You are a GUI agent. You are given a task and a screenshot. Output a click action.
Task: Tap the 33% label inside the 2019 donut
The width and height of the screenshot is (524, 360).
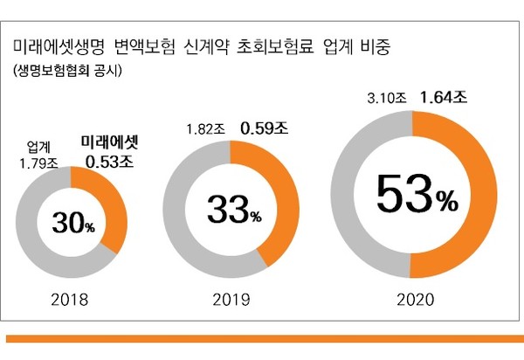point(231,210)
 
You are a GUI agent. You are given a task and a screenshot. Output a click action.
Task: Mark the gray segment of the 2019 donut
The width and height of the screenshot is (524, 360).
point(179,218)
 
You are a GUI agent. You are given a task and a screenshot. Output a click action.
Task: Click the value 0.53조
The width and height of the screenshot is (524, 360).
point(109,161)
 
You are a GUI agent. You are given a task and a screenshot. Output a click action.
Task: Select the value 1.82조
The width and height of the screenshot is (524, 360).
point(206,129)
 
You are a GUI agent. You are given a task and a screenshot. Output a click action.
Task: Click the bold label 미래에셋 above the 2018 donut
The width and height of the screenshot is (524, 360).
point(109,141)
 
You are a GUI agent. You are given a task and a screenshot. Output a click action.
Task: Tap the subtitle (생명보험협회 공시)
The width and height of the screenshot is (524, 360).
point(65,71)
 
